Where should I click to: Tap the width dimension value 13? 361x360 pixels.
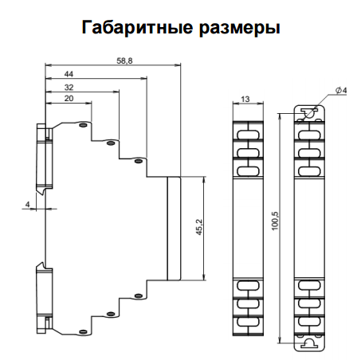pos(245,99)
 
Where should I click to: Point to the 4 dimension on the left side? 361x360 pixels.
pos(29,205)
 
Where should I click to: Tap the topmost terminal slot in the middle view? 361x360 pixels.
pos(245,127)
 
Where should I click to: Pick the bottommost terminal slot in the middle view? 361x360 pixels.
pos(245,323)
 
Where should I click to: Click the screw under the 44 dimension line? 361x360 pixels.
pos(138,162)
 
